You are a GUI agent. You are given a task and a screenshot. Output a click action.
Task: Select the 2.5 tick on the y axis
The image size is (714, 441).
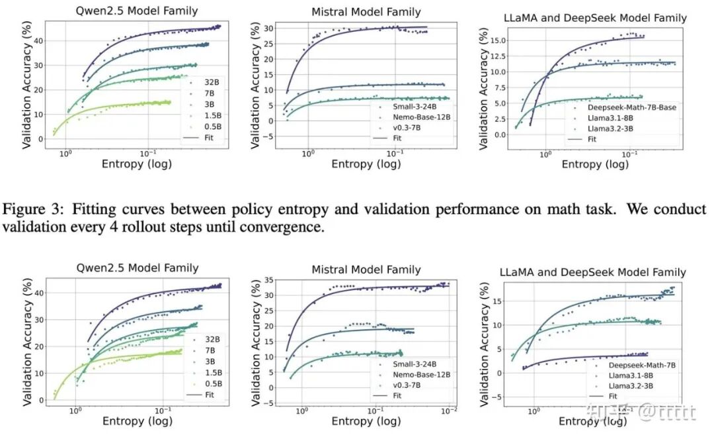[500, 119]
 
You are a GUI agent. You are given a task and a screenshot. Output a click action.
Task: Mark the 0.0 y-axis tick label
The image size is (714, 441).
[500, 134]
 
